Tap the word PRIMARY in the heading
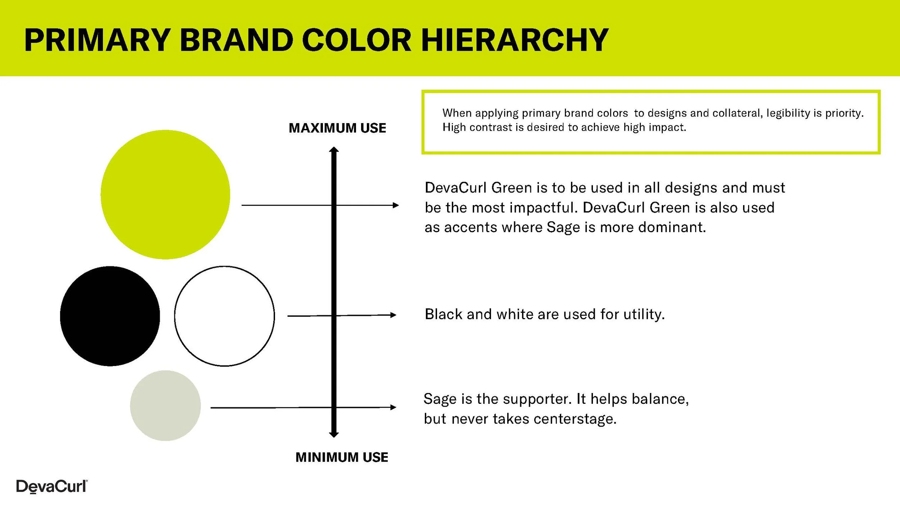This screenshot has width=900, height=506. [97, 40]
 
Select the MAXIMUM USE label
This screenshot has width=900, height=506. [337, 128]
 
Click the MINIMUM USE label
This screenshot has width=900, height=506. [342, 457]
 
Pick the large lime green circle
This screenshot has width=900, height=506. [165, 194]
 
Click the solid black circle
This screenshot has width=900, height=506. [110, 316]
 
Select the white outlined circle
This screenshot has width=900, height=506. [224, 316]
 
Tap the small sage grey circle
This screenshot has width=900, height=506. [165, 406]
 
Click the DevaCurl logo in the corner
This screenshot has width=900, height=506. [51, 487]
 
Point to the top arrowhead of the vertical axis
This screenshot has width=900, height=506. [334, 149]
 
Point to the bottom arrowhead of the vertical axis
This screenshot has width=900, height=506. [334, 435]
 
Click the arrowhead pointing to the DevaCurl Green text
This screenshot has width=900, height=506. [396, 205]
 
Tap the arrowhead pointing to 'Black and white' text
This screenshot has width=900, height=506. [393, 315]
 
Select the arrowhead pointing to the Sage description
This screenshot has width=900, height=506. [393, 407]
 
